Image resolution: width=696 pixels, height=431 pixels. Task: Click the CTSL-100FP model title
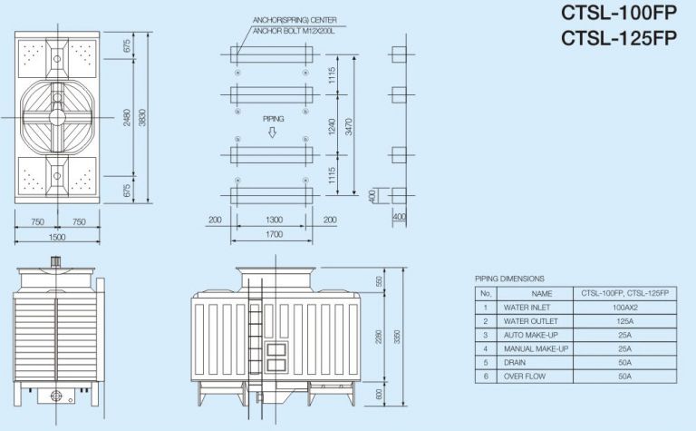[x=620, y=15]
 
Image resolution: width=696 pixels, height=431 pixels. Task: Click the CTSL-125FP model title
[x=620, y=38]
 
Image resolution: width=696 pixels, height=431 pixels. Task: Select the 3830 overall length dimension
[x=141, y=117]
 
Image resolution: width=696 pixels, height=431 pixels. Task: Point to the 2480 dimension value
[x=128, y=117]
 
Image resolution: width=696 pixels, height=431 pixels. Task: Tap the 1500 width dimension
[x=56, y=237]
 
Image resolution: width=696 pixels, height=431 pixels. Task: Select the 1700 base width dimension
[x=272, y=234]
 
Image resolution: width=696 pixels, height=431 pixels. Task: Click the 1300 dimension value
[x=272, y=220]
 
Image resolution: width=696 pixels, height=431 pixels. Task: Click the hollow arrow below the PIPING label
[x=273, y=132]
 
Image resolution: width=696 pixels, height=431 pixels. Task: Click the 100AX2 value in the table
[x=623, y=308]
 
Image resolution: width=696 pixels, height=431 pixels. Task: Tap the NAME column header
[x=541, y=294]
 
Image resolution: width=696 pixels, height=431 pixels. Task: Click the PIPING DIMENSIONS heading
[x=509, y=279]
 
